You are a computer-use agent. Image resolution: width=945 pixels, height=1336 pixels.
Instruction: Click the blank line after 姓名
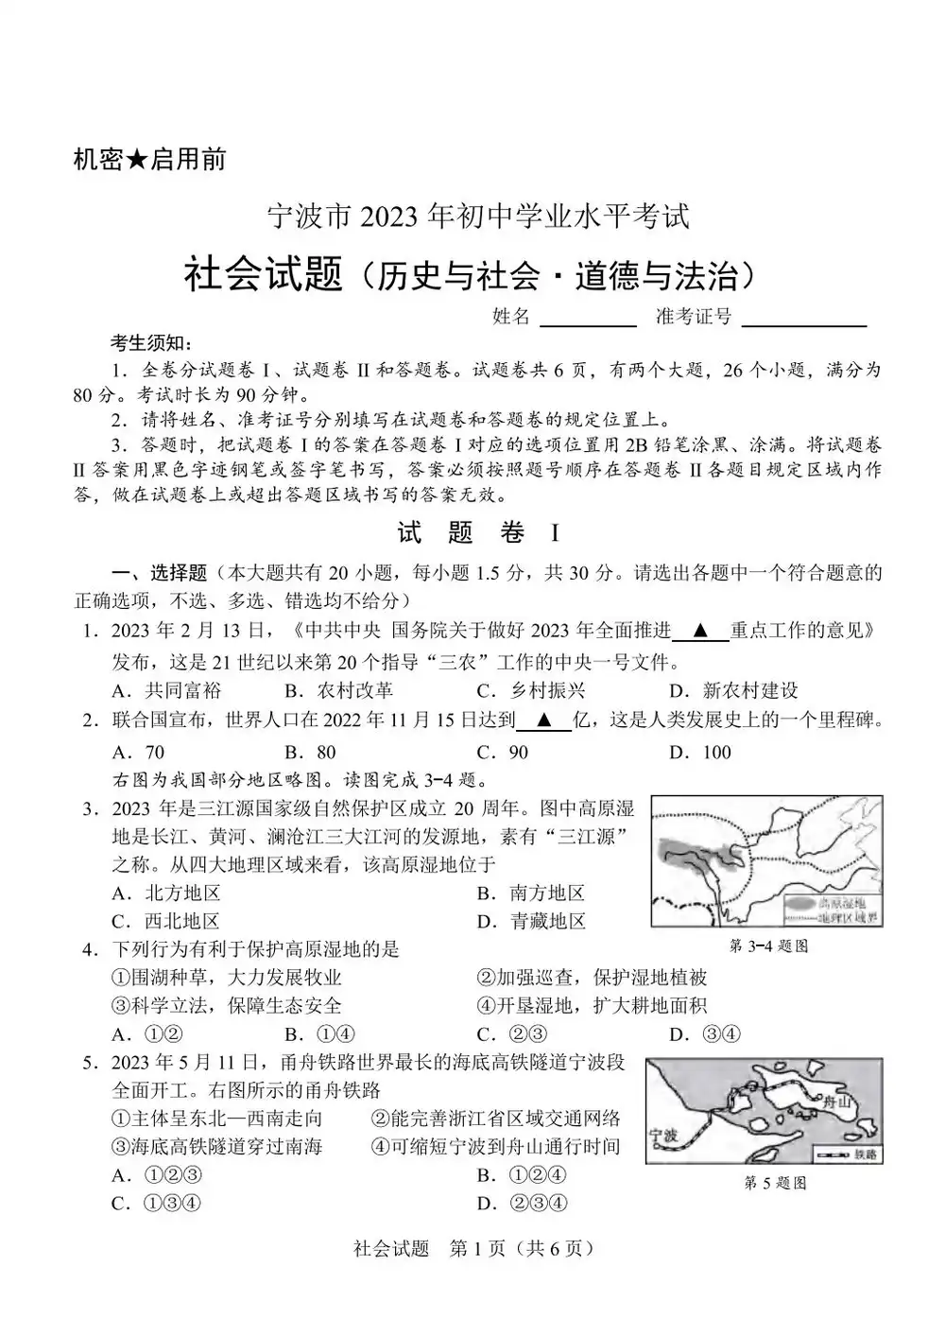[x=588, y=319]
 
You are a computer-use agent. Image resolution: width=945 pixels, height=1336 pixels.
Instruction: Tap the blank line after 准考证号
[x=804, y=319]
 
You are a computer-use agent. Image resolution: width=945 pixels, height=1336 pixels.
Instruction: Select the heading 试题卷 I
[x=477, y=533]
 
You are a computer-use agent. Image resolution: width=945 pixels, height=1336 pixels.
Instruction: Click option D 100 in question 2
[x=700, y=752]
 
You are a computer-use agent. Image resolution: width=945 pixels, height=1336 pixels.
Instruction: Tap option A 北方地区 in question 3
[x=166, y=894]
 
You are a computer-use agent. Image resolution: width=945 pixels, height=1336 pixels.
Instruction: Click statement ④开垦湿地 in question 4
[x=592, y=1005]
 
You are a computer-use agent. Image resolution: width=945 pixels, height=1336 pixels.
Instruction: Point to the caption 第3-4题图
[x=768, y=946]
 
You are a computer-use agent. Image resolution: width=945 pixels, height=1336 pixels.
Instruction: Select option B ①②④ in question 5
[x=523, y=1175]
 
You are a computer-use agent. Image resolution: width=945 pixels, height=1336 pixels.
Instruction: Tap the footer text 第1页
[x=477, y=1248]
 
